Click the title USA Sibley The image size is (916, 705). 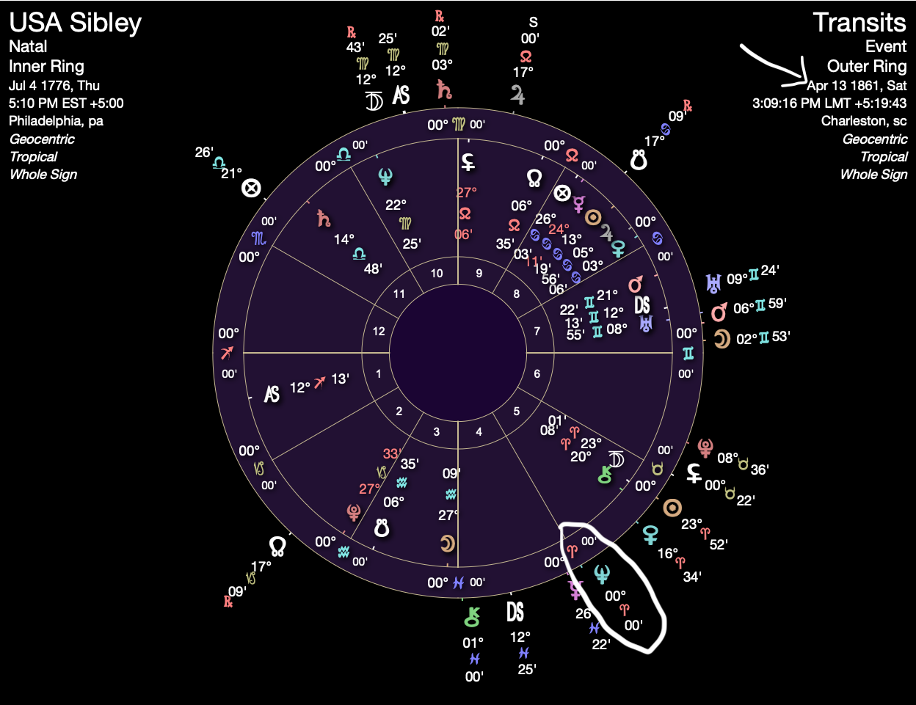point(75,23)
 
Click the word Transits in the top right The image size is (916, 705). point(859,23)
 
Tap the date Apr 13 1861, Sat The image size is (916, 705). point(857,85)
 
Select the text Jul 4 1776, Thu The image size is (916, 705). point(54,85)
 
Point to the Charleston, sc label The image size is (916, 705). point(864,121)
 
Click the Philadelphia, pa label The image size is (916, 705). point(56,121)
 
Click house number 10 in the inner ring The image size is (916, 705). point(437,274)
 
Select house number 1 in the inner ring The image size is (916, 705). point(379,374)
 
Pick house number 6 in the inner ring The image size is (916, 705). point(537,374)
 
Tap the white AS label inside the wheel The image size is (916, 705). point(272,395)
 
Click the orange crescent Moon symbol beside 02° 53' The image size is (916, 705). point(722,339)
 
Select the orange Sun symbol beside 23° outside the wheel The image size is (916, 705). point(672,508)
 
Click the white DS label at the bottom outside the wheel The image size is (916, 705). point(515,612)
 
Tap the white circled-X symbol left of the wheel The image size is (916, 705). point(252,189)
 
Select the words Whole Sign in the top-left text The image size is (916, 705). point(43,175)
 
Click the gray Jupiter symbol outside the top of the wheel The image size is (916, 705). point(517,95)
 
